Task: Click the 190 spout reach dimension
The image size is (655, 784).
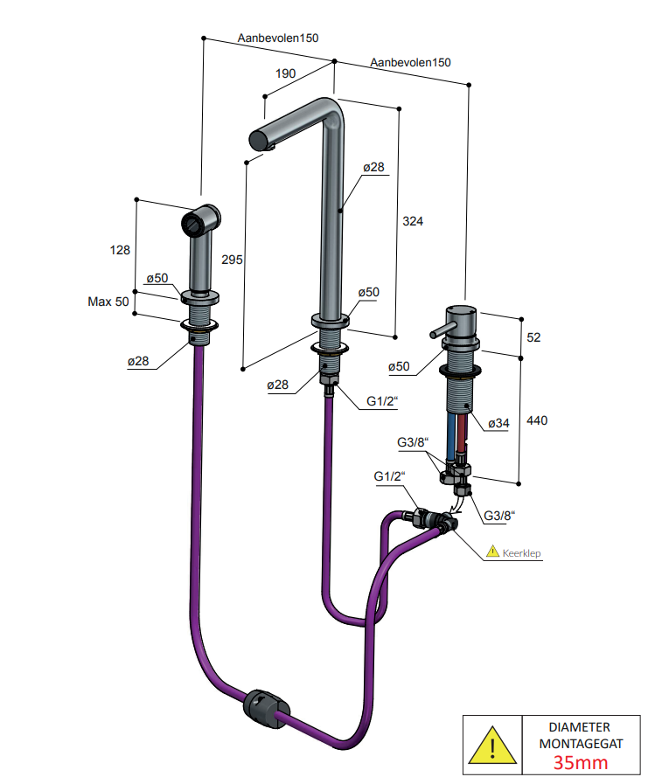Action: coord(285,73)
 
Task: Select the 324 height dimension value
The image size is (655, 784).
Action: coord(413,221)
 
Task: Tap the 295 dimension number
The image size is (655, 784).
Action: coord(232,260)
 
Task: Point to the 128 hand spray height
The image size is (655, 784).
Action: coord(120,250)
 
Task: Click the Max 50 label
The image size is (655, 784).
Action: coord(108,302)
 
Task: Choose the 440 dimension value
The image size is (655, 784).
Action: coord(537,420)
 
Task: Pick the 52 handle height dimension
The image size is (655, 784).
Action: coord(534,337)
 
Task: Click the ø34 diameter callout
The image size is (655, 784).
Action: coord(498,424)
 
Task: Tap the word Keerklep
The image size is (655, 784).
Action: coord(521,553)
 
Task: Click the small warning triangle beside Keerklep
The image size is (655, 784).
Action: coord(493,551)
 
